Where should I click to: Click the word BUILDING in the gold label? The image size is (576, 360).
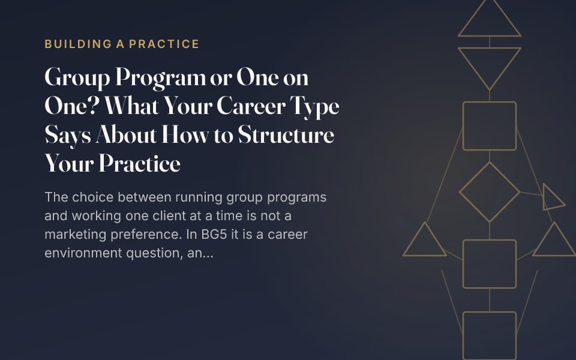(x=78, y=44)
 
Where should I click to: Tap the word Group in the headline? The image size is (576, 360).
(x=77, y=78)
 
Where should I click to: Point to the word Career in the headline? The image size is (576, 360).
(x=251, y=106)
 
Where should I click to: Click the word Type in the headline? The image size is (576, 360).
(x=314, y=107)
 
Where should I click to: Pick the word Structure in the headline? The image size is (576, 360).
(x=286, y=135)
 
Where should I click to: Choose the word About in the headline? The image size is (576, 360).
(x=127, y=135)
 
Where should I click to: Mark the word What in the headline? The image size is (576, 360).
(x=131, y=106)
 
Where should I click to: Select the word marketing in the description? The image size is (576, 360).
(x=76, y=235)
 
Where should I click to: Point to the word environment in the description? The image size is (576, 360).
(x=83, y=253)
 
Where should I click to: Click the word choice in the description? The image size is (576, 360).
(x=93, y=197)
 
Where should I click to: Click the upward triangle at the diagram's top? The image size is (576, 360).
(x=490, y=35)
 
